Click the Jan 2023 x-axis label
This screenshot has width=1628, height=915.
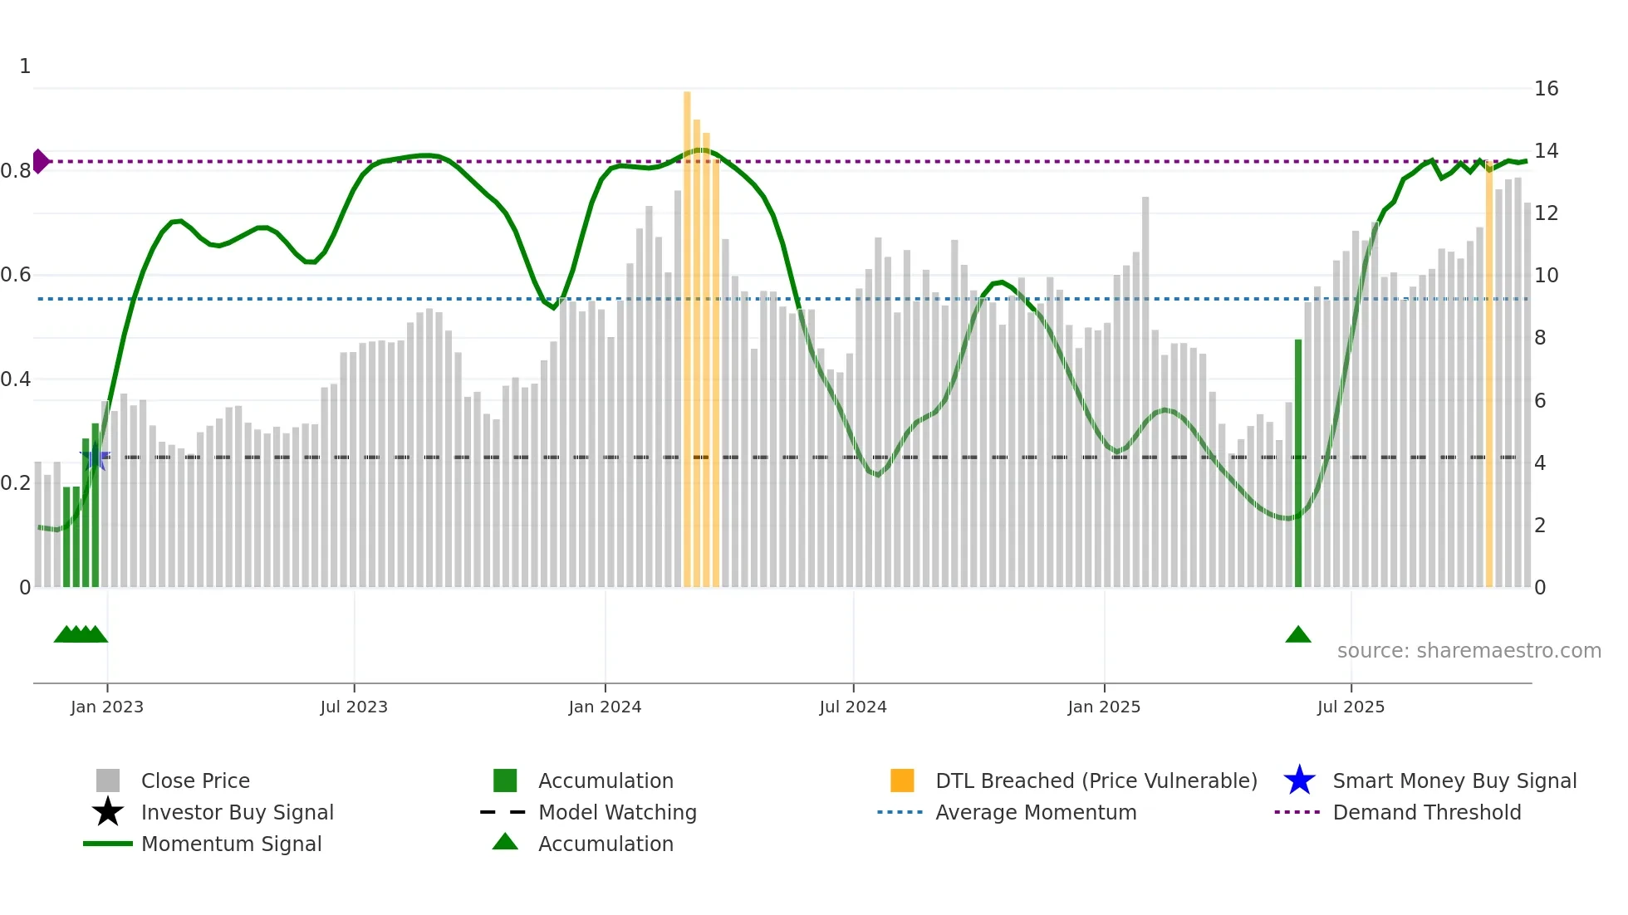(x=107, y=707)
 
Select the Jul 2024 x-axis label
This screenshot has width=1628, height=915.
(x=853, y=707)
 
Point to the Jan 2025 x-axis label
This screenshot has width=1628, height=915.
(x=1104, y=707)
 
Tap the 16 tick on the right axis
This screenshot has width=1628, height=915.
(x=1546, y=89)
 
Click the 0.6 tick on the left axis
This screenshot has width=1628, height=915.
(x=16, y=275)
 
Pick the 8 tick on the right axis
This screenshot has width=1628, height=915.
(x=1540, y=338)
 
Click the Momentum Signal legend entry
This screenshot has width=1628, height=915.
(x=231, y=844)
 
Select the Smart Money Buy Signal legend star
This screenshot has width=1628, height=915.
(x=1299, y=780)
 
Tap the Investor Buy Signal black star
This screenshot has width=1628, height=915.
(x=108, y=812)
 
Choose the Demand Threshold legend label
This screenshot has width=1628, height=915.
(x=1426, y=812)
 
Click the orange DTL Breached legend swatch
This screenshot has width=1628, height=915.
(x=902, y=780)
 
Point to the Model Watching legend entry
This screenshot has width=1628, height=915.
(x=617, y=812)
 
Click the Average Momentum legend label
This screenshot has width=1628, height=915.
(x=1036, y=812)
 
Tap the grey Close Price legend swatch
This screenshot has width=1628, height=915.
(x=108, y=780)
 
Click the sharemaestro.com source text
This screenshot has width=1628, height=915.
(x=1469, y=651)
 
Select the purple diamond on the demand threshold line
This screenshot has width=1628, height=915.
(x=40, y=161)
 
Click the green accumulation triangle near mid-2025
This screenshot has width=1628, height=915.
(x=1297, y=635)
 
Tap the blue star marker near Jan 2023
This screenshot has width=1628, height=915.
(x=95, y=457)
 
